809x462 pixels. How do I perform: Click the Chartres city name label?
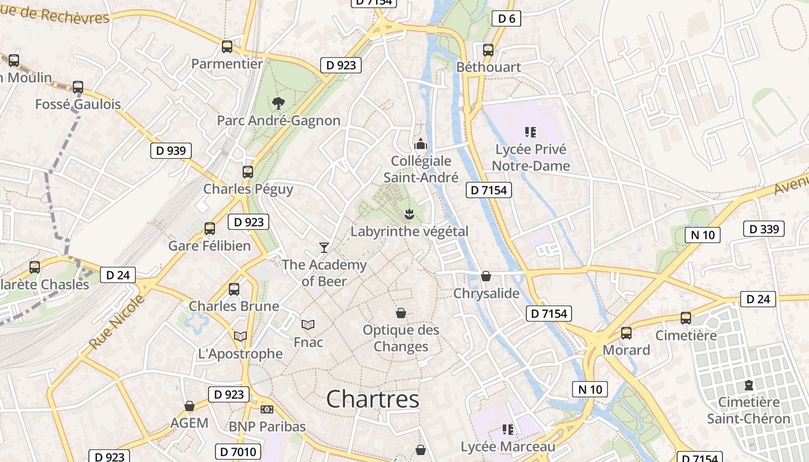(373, 399)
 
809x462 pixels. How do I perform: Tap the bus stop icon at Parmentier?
(227, 47)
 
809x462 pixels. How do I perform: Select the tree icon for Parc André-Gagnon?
(278, 103)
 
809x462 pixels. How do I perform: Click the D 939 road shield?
(171, 151)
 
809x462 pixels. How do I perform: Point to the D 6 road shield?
(506, 18)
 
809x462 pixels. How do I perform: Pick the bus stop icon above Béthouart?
(488, 50)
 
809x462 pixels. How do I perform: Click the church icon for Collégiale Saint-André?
(421, 144)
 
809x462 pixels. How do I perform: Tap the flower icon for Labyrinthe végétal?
(409, 214)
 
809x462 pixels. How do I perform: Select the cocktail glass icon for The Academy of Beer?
(324, 248)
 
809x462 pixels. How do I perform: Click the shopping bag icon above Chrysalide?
(486, 276)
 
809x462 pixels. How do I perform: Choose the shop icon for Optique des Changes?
(401, 313)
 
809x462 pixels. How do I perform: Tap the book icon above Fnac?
(308, 325)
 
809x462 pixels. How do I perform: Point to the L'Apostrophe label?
(240, 353)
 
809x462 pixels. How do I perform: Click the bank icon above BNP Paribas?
(267, 409)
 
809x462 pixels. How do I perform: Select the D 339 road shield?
(764, 229)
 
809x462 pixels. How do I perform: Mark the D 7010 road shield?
(238, 452)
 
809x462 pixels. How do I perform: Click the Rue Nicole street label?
(117, 322)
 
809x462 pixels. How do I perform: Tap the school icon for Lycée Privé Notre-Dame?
(530, 132)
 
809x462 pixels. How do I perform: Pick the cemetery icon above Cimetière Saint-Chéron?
(749, 385)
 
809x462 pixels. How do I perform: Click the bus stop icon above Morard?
(626, 333)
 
